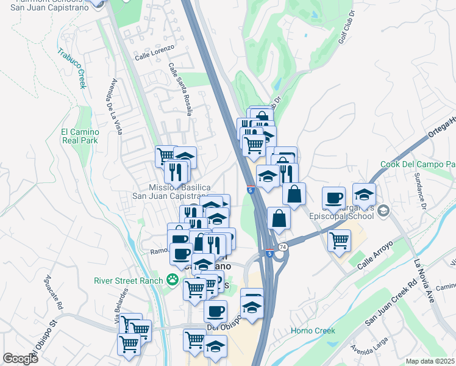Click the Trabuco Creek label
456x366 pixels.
coord(71,68)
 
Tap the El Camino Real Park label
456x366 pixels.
coord(79,135)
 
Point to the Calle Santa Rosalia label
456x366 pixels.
coord(182,88)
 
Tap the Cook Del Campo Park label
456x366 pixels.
coord(418,165)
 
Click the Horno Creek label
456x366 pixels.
coord(313,331)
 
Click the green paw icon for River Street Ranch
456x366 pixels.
coord(174,281)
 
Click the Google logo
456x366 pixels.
coord(20,359)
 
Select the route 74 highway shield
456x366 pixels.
coord(282,247)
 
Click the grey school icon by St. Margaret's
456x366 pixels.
coord(383,210)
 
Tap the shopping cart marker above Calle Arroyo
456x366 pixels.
coord(339,239)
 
